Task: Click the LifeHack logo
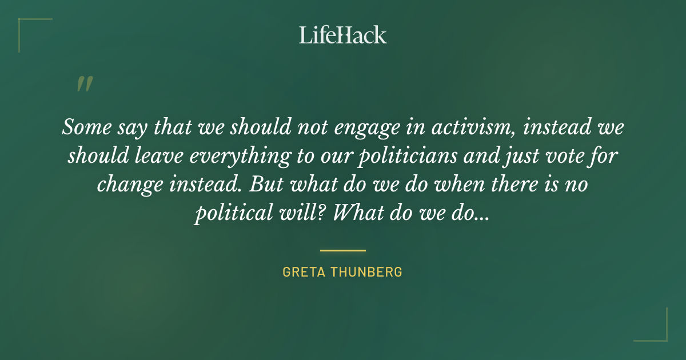[x=343, y=35]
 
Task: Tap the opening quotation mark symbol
[x=85, y=85]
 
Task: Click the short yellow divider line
[x=343, y=250]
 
